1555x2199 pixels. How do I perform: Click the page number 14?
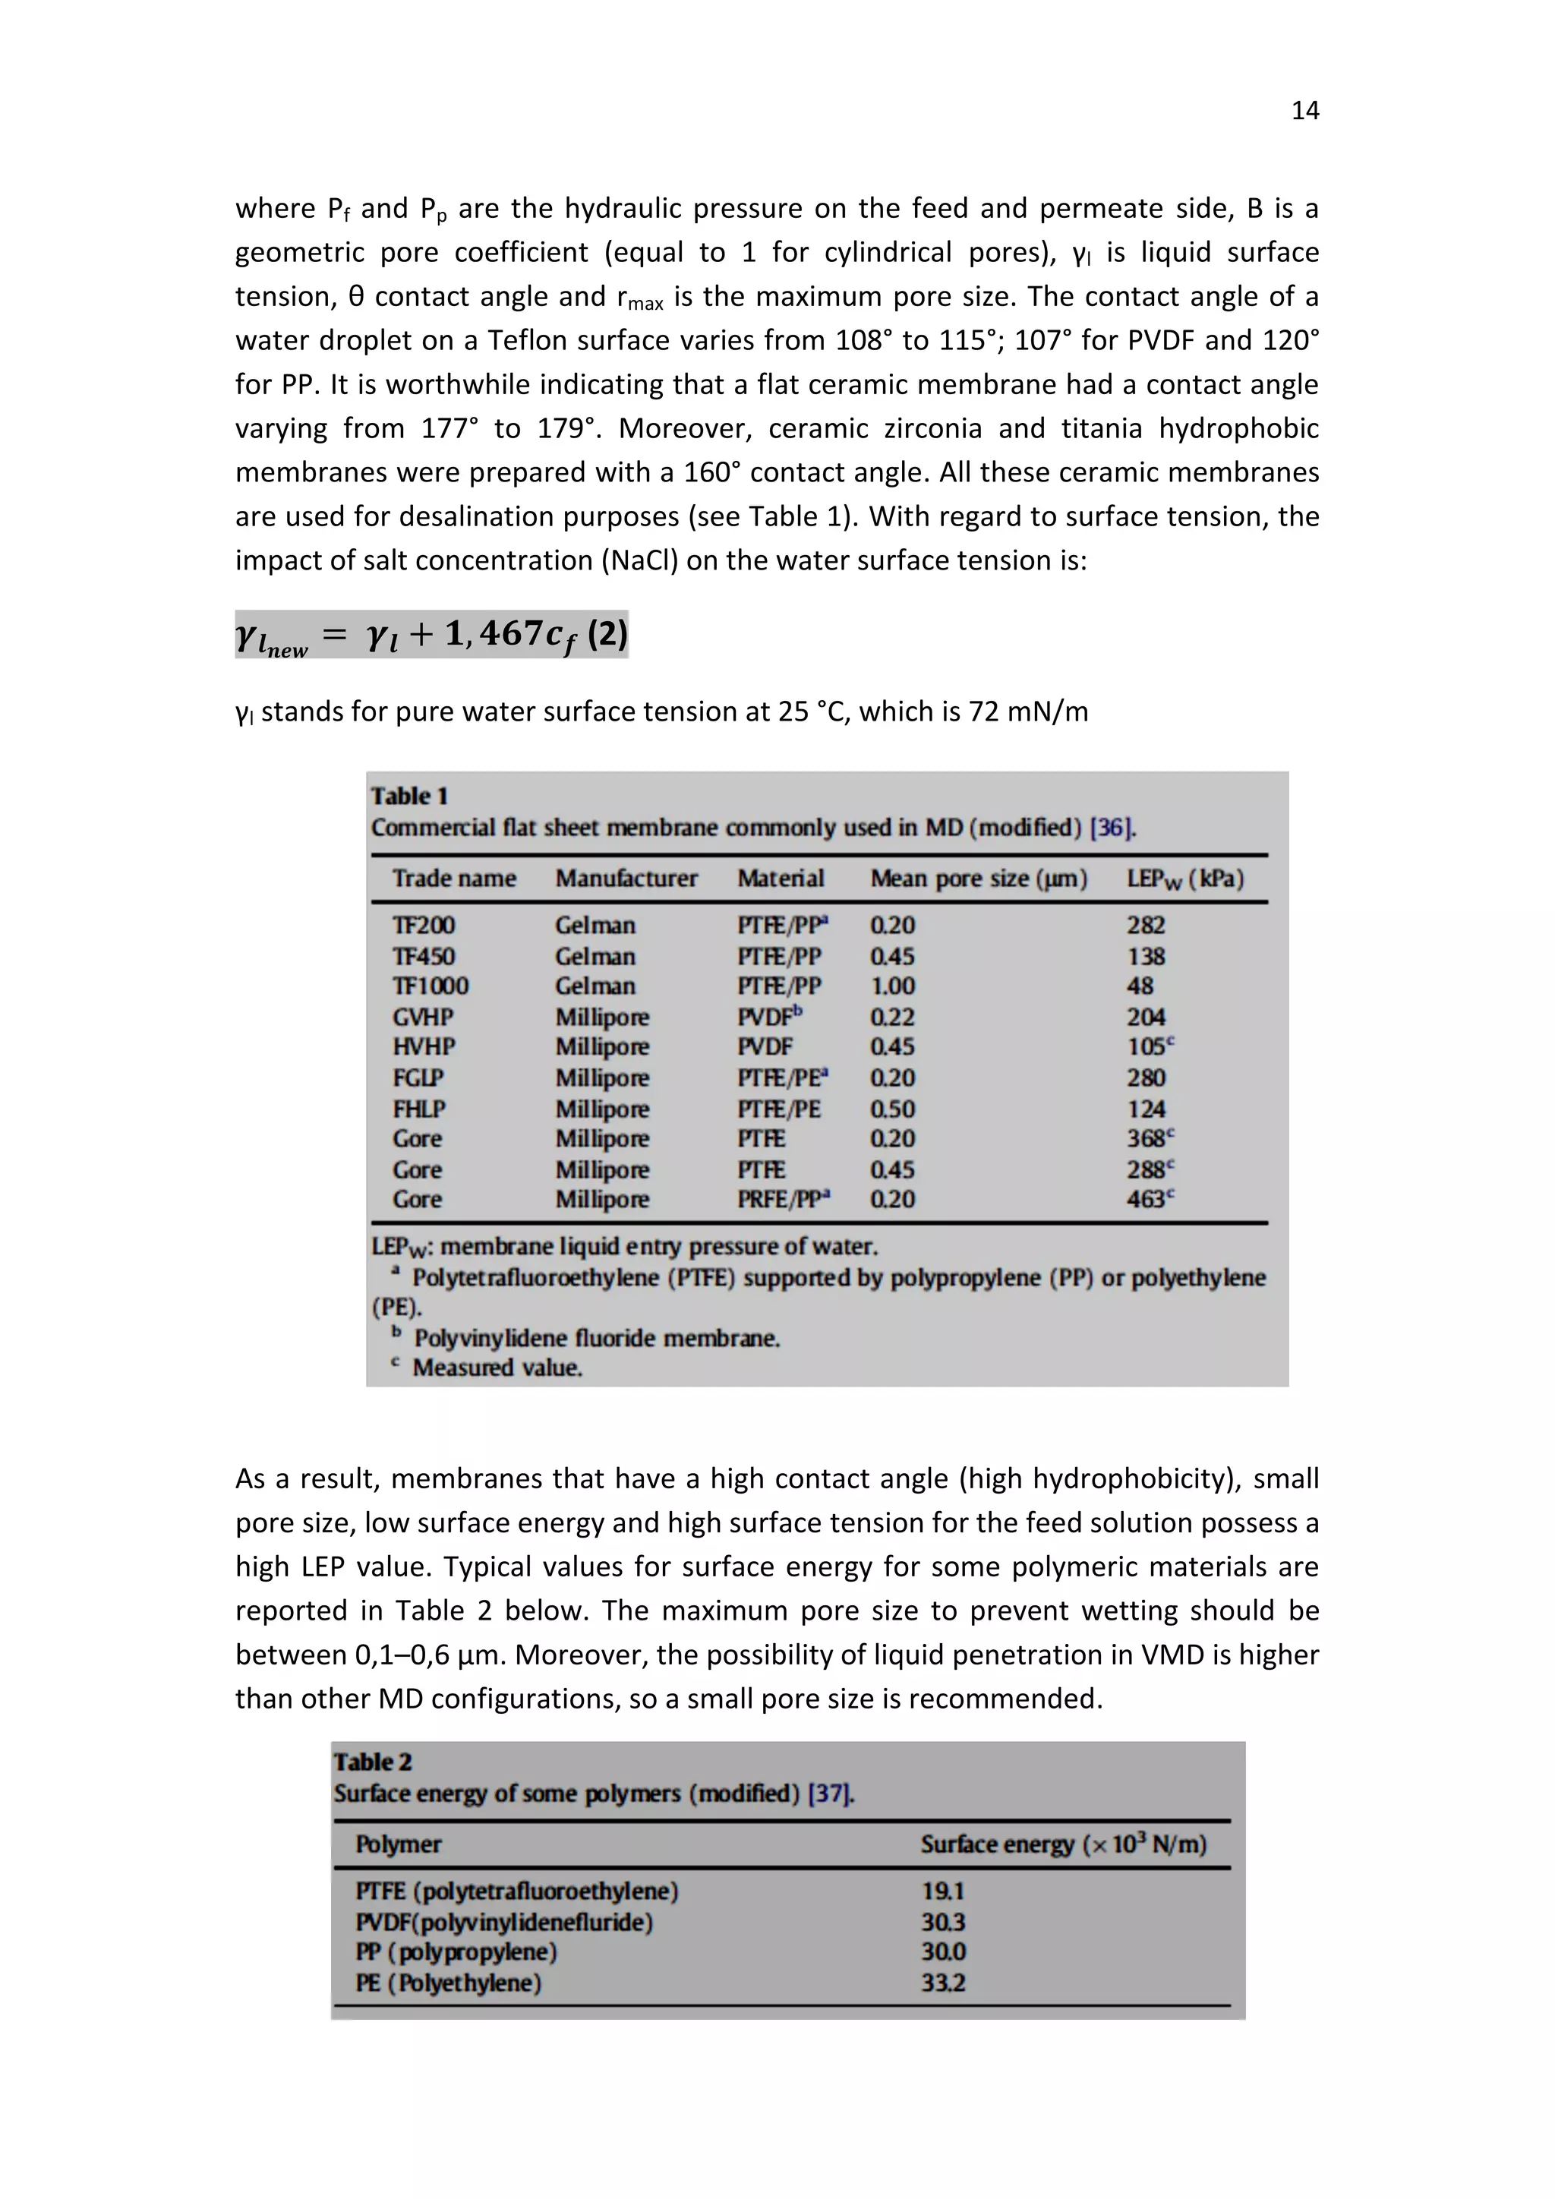[1305, 111]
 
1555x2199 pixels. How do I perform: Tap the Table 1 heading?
[408, 796]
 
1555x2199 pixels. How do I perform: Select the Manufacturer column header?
[626, 879]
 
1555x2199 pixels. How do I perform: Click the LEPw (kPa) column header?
[1184, 879]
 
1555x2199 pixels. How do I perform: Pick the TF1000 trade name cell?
[430, 986]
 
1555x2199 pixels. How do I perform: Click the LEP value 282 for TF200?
[1145, 925]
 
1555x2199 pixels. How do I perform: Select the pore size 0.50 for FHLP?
[891, 1109]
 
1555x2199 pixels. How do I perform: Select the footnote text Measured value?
[497, 1368]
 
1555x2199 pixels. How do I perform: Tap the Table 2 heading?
[373, 1762]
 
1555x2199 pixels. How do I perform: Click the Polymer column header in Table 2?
[399, 1844]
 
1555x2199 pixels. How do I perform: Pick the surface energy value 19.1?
[942, 1891]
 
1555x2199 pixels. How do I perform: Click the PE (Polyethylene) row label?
[448, 1982]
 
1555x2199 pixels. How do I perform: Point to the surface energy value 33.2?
[942, 1982]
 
